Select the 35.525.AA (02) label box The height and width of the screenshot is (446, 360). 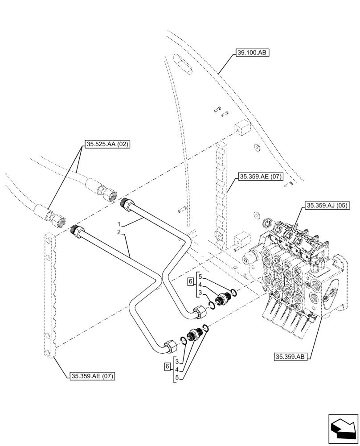106,144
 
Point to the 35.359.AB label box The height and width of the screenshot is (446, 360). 291,357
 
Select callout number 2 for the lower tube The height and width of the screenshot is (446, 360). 119,232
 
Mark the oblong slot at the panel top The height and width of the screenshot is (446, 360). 183,63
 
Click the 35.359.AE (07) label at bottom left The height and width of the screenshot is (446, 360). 92,376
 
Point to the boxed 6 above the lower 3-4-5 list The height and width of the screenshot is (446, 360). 167,366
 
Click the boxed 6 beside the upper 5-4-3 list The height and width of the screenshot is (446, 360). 190,282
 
